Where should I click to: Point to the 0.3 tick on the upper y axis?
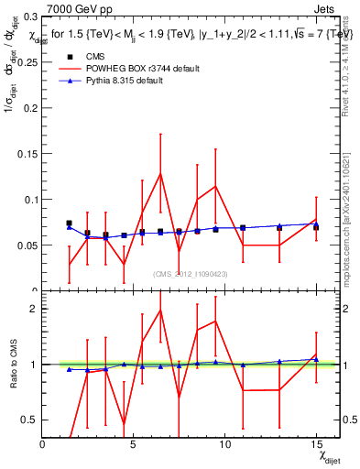(x=30, y=16)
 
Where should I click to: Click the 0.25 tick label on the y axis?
(x=27, y=62)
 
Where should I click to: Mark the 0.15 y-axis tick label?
(x=27, y=154)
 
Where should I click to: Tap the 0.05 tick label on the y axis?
(x=27, y=245)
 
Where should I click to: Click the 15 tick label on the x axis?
(x=317, y=444)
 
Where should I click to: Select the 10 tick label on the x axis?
(x=225, y=444)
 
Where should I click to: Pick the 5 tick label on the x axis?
(x=134, y=444)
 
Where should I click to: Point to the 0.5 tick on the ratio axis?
(x=30, y=420)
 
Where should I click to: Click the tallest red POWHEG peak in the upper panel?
(x=160, y=173)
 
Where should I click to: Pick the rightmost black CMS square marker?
(x=316, y=226)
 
